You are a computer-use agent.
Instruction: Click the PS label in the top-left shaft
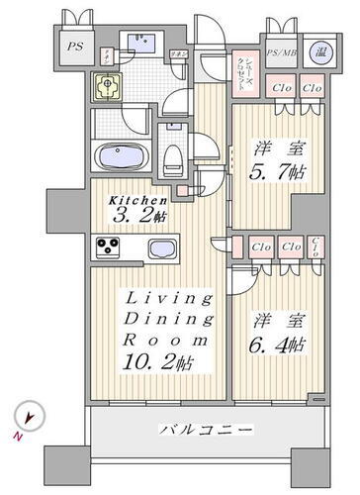click(73, 47)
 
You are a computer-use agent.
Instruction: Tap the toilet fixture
click(173, 156)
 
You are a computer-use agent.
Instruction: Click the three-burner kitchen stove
click(107, 247)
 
